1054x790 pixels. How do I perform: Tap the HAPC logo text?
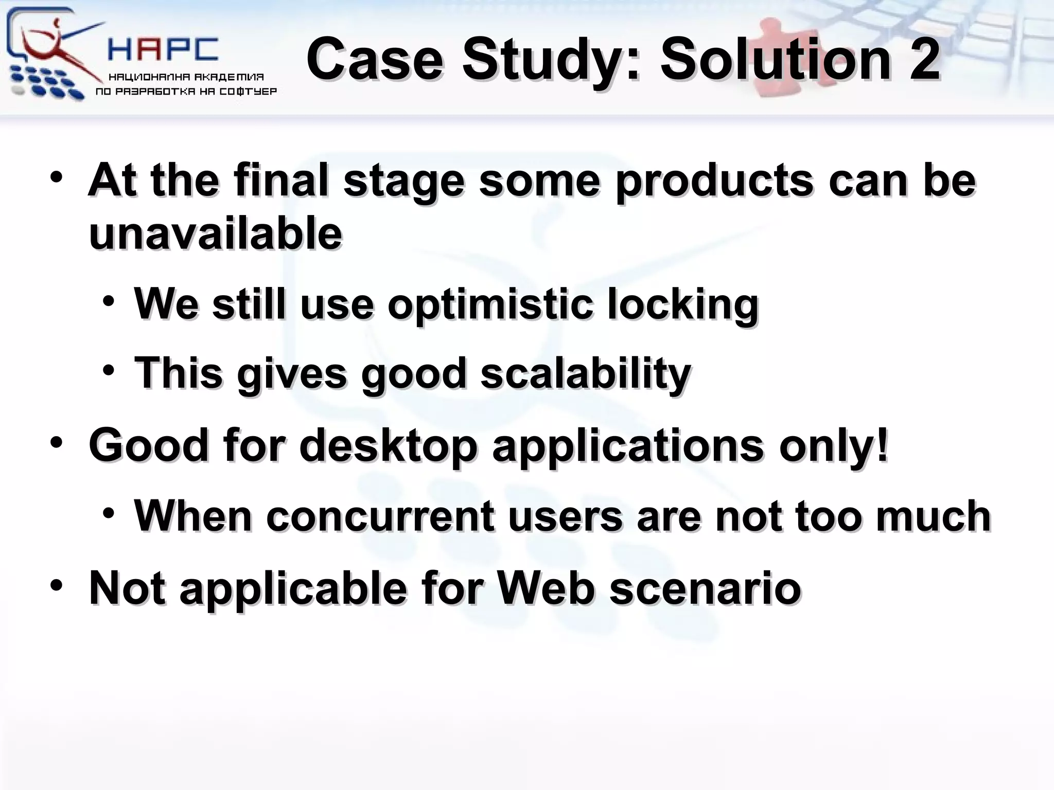tap(163, 50)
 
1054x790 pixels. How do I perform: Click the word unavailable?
tap(215, 234)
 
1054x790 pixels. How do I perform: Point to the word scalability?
tap(585, 373)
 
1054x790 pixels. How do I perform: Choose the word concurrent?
tap(380, 516)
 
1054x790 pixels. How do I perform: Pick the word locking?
tap(682, 304)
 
